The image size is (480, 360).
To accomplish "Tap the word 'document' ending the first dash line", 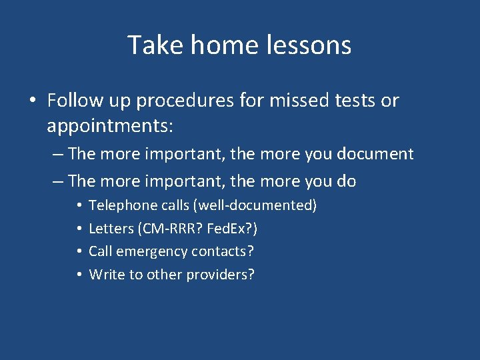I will click(x=377, y=154).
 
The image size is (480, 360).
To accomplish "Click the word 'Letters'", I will click(x=111, y=229).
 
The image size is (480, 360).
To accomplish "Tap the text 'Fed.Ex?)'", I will click(x=233, y=229).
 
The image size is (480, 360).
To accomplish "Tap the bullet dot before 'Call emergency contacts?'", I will click(x=79, y=252).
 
